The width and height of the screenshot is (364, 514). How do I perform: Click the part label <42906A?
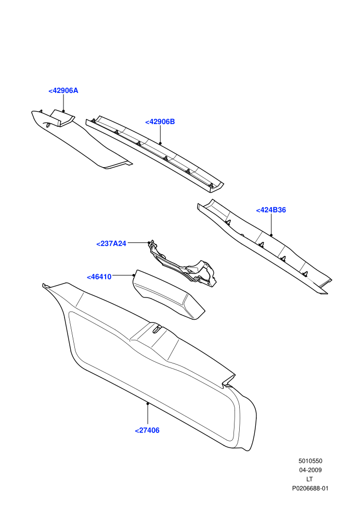click(x=63, y=91)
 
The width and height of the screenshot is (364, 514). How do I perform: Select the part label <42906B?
click(x=160, y=121)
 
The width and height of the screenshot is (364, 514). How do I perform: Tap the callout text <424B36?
click(x=271, y=210)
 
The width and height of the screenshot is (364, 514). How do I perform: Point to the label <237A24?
click(x=111, y=244)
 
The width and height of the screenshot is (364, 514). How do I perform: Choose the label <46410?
click(x=99, y=277)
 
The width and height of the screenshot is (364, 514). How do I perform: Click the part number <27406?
click(x=147, y=430)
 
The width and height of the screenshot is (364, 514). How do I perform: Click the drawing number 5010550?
click(x=310, y=461)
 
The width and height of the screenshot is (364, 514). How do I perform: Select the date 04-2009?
click(x=310, y=470)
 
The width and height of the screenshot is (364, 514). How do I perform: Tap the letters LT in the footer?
click(x=309, y=479)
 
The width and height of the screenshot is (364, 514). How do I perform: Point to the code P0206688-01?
click(x=310, y=489)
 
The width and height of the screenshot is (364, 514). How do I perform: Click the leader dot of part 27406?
click(x=148, y=404)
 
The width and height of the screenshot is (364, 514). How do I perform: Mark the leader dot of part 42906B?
click(x=160, y=143)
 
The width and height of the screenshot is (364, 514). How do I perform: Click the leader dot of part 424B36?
click(x=271, y=235)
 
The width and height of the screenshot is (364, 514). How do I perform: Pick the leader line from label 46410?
click(x=123, y=275)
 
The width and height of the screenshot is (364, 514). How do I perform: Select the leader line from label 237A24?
click(x=138, y=243)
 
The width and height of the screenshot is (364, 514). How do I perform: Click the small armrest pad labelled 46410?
click(x=168, y=294)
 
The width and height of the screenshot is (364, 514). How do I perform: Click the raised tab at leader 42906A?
click(x=62, y=118)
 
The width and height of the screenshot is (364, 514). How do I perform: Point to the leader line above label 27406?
click(x=148, y=414)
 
